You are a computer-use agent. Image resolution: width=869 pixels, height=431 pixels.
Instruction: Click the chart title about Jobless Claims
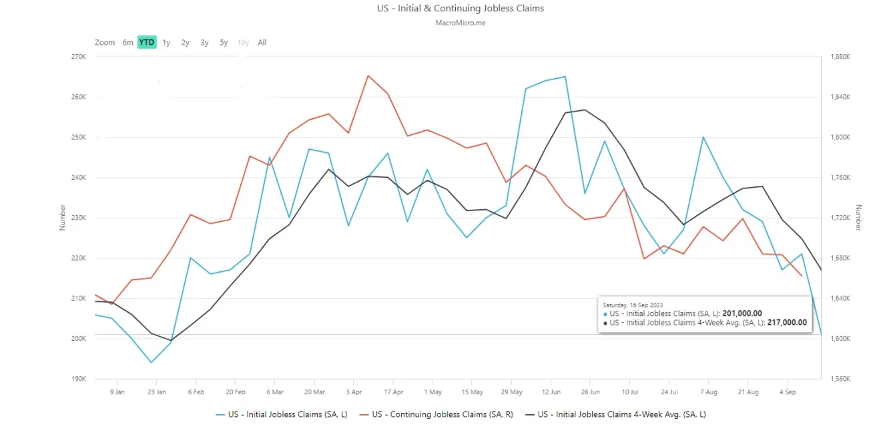461,9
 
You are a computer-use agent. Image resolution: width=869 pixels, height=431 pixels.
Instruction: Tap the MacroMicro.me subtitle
461,22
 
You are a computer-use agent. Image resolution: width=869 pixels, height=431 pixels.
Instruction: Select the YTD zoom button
147,43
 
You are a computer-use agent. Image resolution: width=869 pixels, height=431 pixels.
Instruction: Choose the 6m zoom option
127,43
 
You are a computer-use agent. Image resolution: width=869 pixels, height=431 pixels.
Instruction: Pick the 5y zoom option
224,43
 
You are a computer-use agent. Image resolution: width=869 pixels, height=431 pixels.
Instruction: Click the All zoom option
262,43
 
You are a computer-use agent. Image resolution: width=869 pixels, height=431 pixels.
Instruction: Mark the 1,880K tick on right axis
839,57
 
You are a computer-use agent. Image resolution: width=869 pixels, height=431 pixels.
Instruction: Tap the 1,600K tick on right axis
839,339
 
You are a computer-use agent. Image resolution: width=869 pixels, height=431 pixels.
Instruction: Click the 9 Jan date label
117,392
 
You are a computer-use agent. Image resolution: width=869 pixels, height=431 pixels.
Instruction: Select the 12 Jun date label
551,392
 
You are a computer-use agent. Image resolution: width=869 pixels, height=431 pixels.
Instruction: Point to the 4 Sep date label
787,392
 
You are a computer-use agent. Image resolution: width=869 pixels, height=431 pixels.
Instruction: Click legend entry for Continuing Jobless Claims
442,414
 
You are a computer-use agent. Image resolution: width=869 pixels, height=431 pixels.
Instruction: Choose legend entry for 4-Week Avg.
621,414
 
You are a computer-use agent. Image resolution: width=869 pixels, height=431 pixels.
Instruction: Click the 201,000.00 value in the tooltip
742,313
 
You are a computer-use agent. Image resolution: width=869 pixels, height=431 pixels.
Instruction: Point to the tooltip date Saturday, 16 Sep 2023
633,305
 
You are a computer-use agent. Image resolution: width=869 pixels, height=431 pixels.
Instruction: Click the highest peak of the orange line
368,76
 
